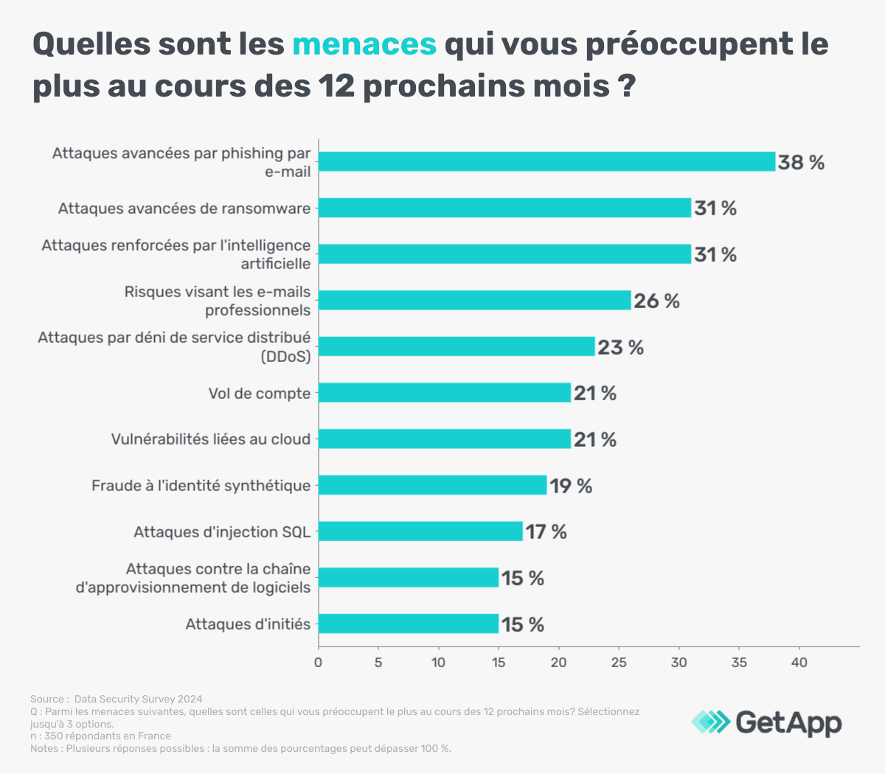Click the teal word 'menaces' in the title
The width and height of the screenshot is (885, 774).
click(364, 44)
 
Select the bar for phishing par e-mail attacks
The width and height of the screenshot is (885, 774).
click(546, 161)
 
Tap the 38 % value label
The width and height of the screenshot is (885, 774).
click(801, 162)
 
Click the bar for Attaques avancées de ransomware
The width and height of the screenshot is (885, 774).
click(504, 208)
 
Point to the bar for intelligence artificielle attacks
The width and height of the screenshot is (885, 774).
click(504, 254)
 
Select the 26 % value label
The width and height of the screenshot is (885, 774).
click(656, 301)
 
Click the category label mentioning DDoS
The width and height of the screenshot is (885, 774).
click(174, 347)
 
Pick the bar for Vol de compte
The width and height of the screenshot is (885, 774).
click(445, 393)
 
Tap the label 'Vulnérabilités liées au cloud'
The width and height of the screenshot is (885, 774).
click(211, 439)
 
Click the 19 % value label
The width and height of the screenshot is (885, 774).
click(571, 486)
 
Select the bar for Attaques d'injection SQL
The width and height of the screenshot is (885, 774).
click(420, 531)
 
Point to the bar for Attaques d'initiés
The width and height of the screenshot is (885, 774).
click(409, 624)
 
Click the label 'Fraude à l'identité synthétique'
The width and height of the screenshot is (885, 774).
click(201, 486)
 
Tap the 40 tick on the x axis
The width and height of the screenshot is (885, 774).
click(799, 663)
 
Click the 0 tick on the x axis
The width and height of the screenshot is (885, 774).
click(318, 663)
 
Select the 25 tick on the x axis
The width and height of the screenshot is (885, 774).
click(619, 663)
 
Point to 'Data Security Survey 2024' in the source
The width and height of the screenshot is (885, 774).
click(138, 699)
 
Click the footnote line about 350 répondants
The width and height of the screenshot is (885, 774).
click(100, 736)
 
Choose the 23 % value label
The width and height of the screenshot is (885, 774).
click(620, 347)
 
